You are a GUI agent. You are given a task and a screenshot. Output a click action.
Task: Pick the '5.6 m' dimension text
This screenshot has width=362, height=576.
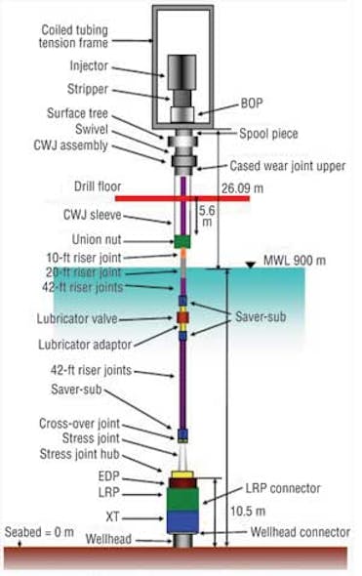tap(206, 215)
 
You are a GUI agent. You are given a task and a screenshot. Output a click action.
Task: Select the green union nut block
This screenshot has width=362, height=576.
tap(181, 240)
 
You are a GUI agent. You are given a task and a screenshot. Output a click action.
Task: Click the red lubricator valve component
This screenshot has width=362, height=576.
tap(181, 318)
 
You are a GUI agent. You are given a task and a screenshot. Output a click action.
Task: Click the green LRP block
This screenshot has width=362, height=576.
tap(182, 499)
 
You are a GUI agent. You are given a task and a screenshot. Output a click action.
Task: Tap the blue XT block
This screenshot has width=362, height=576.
tap(182, 522)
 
